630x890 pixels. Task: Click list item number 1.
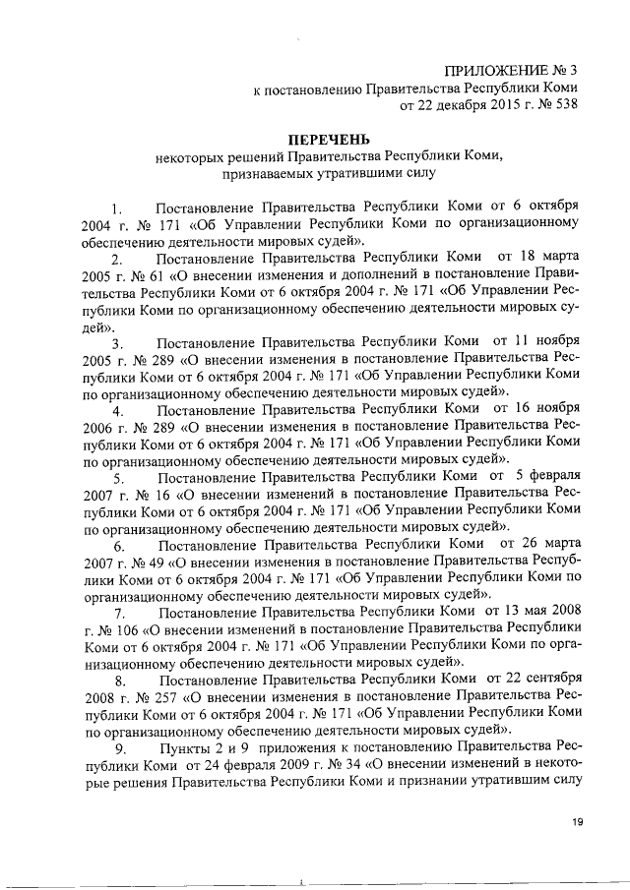116,208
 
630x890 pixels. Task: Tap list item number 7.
117,613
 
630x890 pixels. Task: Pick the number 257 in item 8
164,697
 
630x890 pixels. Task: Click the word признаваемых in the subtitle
257,173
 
